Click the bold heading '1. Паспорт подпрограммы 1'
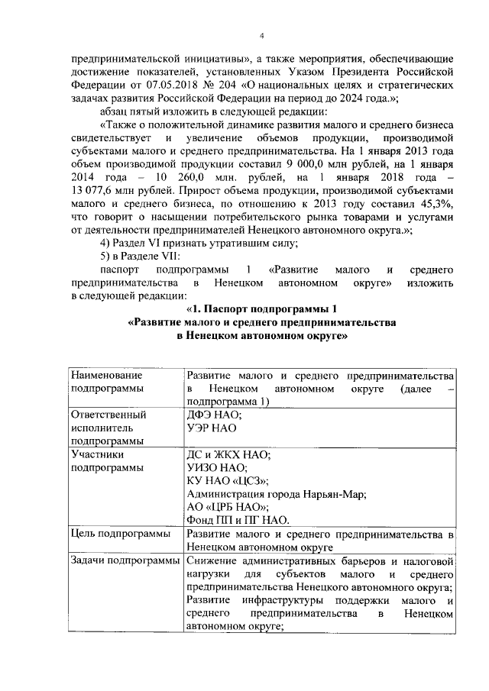[261, 308]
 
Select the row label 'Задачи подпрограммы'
[124, 561]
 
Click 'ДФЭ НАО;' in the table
[214, 415]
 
